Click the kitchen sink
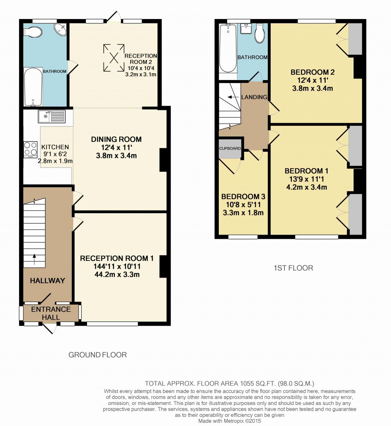click(x=52, y=116)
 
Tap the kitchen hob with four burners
click(x=29, y=149)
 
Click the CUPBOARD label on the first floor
click(x=230, y=148)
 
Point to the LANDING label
click(x=254, y=97)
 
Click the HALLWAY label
click(x=48, y=280)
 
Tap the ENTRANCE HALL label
click(x=51, y=313)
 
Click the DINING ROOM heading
click(x=116, y=140)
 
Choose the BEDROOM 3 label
click(x=243, y=196)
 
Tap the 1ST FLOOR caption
click(x=293, y=268)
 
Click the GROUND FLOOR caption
click(x=97, y=355)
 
